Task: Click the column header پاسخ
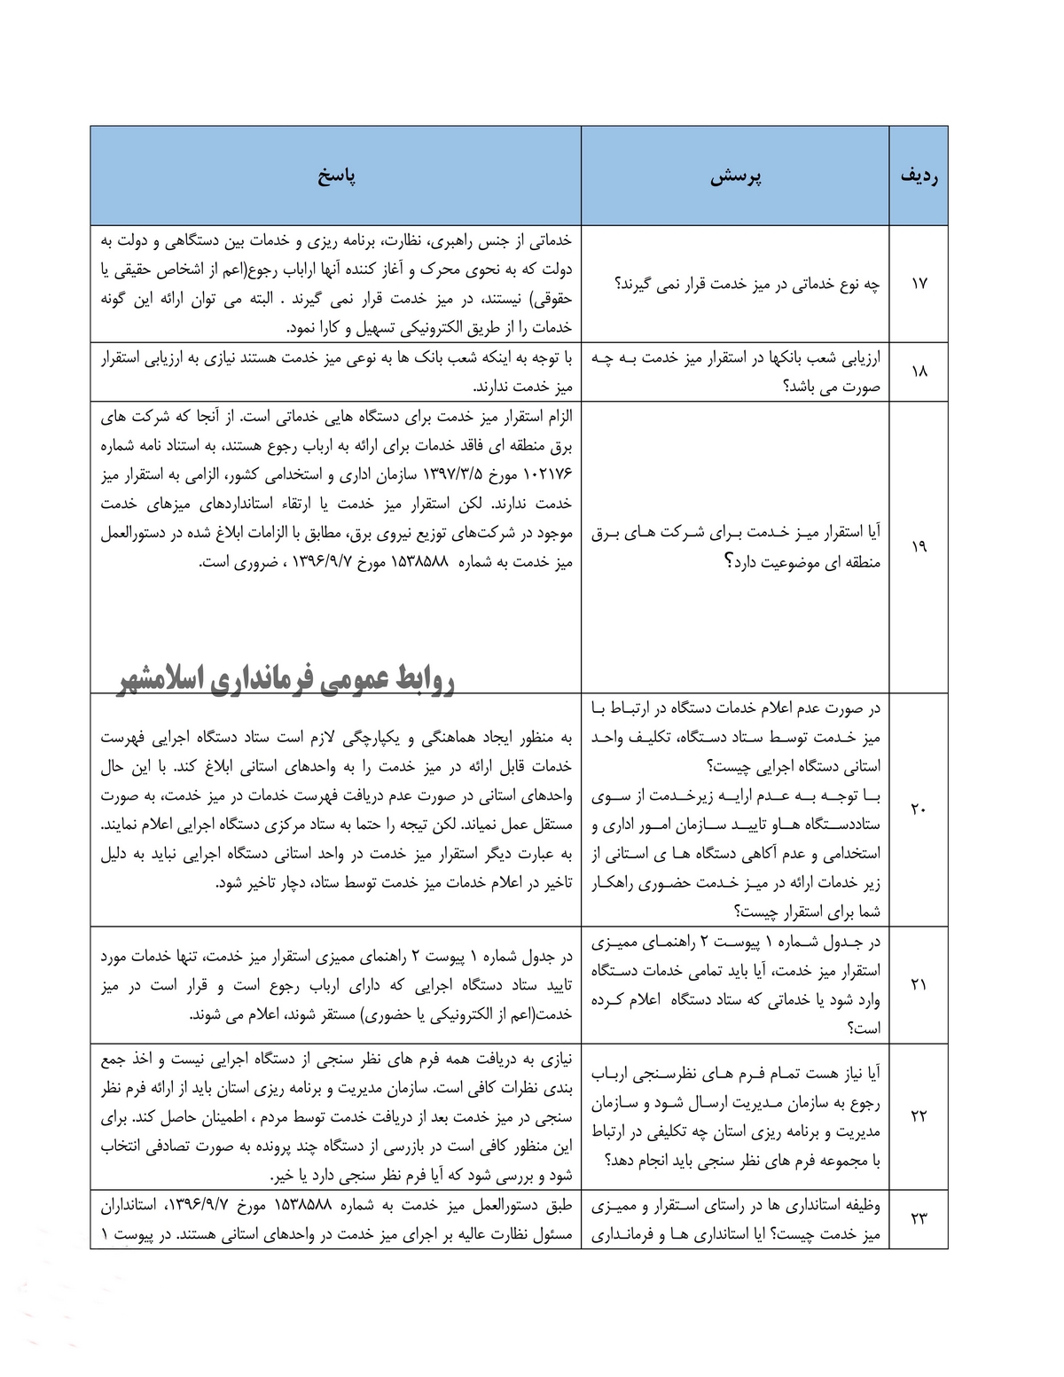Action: click(x=336, y=176)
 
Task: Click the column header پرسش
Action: click(x=737, y=176)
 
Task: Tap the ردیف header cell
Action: click(x=919, y=176)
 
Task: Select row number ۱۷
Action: click(x=919, y=284)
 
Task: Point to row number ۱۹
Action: click(x=919, y=546)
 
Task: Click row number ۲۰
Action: click(x=919, y=809)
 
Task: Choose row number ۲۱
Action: click(x=919, y=983)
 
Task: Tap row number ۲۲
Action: click(x=919, y=1115)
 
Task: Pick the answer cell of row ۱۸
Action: click(x=336, y=372)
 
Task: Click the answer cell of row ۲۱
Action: click(x=336, y=983)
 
